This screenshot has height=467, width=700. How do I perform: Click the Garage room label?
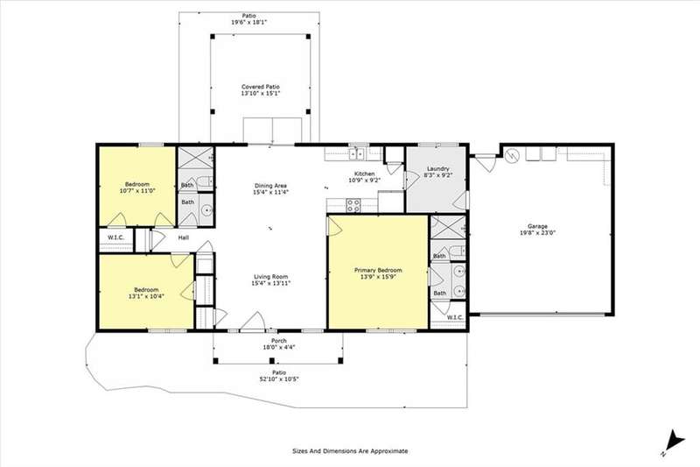[537, 226]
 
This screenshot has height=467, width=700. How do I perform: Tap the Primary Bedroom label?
[378, 270]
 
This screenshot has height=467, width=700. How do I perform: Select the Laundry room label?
[438, 168]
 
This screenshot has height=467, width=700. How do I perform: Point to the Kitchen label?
[364, 173]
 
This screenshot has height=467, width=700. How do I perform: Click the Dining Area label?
[270, 186]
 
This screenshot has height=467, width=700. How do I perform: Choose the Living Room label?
[270, 277]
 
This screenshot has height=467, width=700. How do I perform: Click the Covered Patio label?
[261, 87]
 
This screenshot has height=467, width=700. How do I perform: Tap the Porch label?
[279, 341]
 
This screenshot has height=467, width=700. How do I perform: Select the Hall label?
[184, 237]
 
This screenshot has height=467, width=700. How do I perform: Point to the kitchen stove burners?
[353, 206]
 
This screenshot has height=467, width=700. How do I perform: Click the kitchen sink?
[356, 154]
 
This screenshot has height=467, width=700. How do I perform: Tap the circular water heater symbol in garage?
[513, 155]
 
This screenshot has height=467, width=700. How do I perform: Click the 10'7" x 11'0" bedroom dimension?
[137, 191]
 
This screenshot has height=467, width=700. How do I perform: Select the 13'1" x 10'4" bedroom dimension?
[146, 296]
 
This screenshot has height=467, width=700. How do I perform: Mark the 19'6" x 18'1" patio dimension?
[249, 22]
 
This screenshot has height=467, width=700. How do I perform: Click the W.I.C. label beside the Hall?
[115, 237]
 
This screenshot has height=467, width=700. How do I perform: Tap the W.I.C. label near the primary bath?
[454, 317]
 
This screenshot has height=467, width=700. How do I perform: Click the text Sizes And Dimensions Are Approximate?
[350, 451]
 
